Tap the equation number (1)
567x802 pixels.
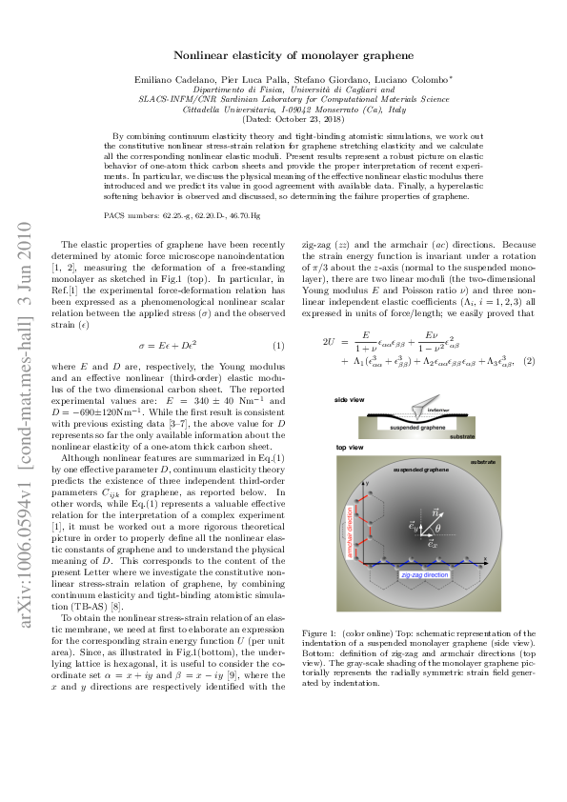tap(278, 345)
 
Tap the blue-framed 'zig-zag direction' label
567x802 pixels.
tap(425, 576)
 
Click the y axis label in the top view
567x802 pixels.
tap(365, 484)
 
